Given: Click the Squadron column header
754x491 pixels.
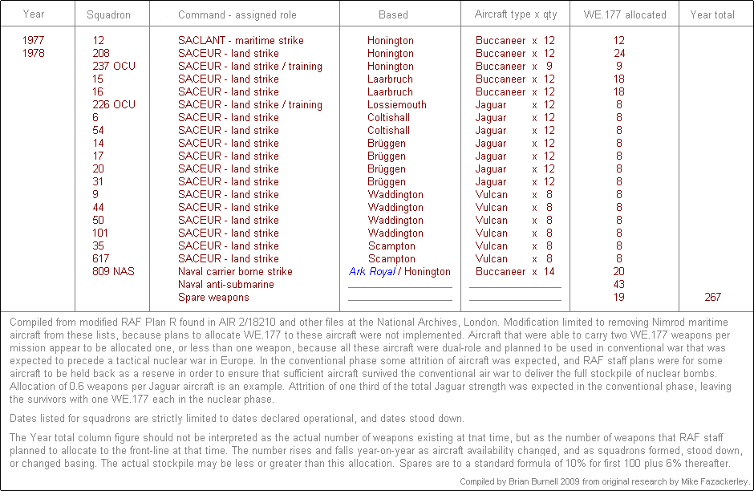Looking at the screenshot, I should [108, 14].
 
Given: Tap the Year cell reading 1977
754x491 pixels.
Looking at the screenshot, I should [34, 40].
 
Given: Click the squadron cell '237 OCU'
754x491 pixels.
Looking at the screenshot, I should [114, 66].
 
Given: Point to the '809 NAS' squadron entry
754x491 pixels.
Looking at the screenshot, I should [114, 271].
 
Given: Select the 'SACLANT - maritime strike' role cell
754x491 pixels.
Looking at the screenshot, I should [241, 40].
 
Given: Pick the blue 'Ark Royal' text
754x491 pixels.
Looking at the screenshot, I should [371, 271].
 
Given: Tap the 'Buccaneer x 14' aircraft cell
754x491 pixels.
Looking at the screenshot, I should [515, 271].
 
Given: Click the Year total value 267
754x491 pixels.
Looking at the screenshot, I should [712, 297].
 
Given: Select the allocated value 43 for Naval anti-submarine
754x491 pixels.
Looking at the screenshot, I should [618, 284].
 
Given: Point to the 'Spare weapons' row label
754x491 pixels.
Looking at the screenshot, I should [213, 297].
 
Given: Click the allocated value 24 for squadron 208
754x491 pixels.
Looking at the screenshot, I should [618, 53].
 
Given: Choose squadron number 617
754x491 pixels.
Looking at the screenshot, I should [102, 258].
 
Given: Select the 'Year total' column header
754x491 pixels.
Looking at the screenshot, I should [712, 14].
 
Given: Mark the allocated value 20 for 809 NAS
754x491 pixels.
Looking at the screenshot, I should [618, 271].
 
